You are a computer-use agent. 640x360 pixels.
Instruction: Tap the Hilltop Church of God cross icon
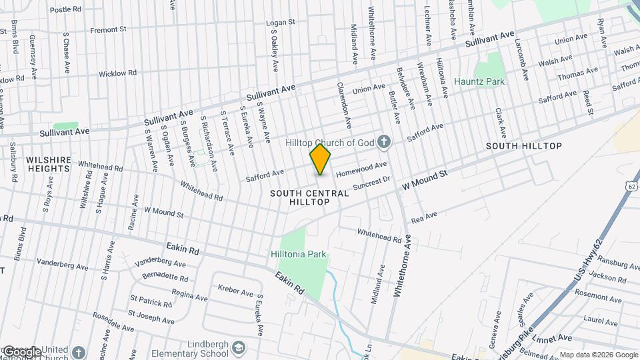pyautogui.click(x=383, y=141)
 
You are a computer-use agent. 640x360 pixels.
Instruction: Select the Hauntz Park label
pyautogui.click(x=479, y=81)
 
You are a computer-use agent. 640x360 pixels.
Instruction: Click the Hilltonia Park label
pyautogui.click(x=299, y=254)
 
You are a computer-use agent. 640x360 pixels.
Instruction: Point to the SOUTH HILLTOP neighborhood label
pyautogui.click(x=523, y=145)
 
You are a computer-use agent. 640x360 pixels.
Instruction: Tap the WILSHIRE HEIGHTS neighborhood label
pyautogui.click(x=47, y=164)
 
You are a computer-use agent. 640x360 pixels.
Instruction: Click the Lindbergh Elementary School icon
pyautogui.click(x=239, y=348)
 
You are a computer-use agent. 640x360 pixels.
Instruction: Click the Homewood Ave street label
pyautogui.click(x=362, y=169)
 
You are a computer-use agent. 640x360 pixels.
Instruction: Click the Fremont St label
pyautogui.click(x=109, y=30)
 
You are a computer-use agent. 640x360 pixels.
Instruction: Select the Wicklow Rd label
pyautogui.click(x=117, y=73)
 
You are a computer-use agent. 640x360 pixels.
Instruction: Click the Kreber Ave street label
pyautogui.click(x=235, y=291)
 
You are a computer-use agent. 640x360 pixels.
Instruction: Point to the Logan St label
pyautogui.click(x=280, y=23)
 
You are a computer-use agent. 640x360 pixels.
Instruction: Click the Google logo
pyautogui.click(x=22, y=351)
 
